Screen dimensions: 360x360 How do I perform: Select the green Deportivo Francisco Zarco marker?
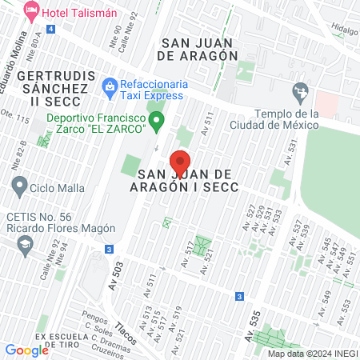tap(158, 122)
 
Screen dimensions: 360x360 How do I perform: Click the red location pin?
tap(180, 160)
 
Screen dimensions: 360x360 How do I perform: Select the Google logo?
tap(26, 350)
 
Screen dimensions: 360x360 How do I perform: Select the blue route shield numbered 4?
tap(51, 28)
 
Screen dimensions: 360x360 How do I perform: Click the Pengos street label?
tap(92, 316)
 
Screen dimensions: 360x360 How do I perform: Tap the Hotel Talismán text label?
tap(78, 13)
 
